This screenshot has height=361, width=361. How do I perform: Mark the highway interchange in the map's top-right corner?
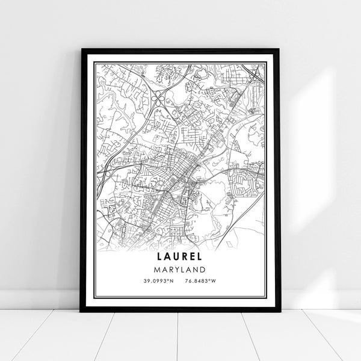pyautogui.click(x=256, y=75)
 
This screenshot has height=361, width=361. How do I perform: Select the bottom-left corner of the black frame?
pyautogui.click(x=81, y=311)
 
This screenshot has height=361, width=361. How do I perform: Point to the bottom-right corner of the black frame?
pyautogui.click(x=279, y=311)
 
